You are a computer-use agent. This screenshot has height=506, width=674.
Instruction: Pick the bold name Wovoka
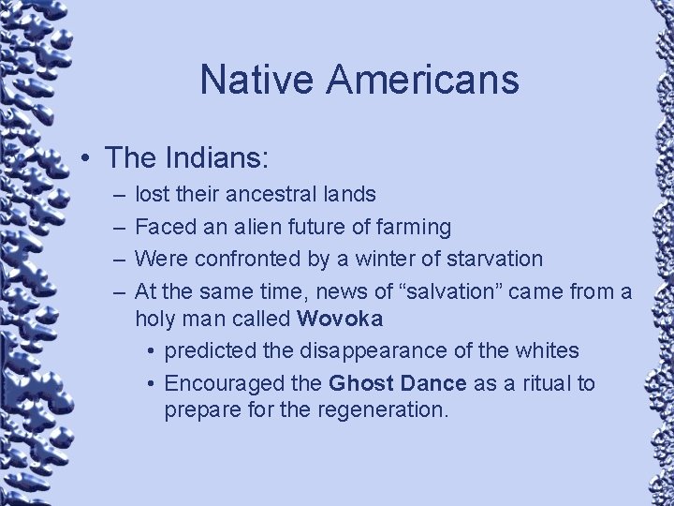[340, 319]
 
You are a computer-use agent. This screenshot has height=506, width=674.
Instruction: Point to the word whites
[549, 350]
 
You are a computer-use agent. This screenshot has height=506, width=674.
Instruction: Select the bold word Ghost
[361, 383]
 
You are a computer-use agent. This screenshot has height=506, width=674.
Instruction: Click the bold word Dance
[433, 383]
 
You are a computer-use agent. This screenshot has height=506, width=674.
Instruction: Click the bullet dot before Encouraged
[150, 383]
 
